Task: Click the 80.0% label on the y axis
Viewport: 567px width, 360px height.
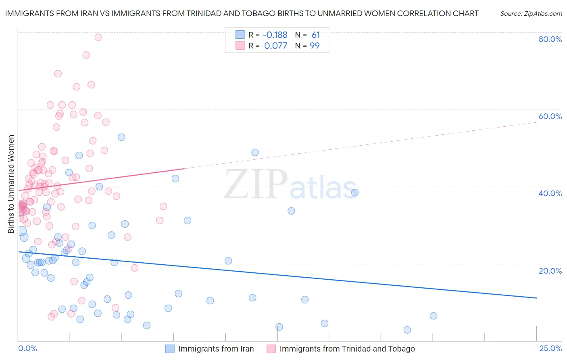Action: (x=550, y=39)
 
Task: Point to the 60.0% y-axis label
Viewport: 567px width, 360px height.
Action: (x=550, y=116)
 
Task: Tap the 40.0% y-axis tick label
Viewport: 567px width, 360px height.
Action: (x=550, y=193)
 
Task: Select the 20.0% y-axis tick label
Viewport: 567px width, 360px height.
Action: (x=550, y=271)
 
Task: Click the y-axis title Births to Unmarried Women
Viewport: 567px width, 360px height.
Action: (x=11, y=184)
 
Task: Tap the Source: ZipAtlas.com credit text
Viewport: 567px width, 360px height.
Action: (x=531, y=14)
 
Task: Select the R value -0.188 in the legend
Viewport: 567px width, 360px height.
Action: (x=275, y=35)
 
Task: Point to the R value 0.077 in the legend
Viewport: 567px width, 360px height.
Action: (x=276, y=46)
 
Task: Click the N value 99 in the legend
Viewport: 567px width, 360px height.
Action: (x=315, y=46)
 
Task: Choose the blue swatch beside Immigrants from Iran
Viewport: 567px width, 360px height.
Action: (x=170, y=349)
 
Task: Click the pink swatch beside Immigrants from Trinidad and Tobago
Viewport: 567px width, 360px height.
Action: (x=271, y=349)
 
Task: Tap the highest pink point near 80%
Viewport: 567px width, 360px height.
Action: (x=98, y=37)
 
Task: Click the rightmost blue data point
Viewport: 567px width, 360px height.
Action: (x=434, y=316)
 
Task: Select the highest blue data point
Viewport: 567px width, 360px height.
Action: (x=121, y=137)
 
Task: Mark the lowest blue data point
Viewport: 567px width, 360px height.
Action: (x=407, y=330)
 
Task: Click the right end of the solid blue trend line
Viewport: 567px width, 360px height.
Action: (x=536, y=298)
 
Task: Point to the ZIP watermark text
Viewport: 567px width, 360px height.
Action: (x=256, y=185)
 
